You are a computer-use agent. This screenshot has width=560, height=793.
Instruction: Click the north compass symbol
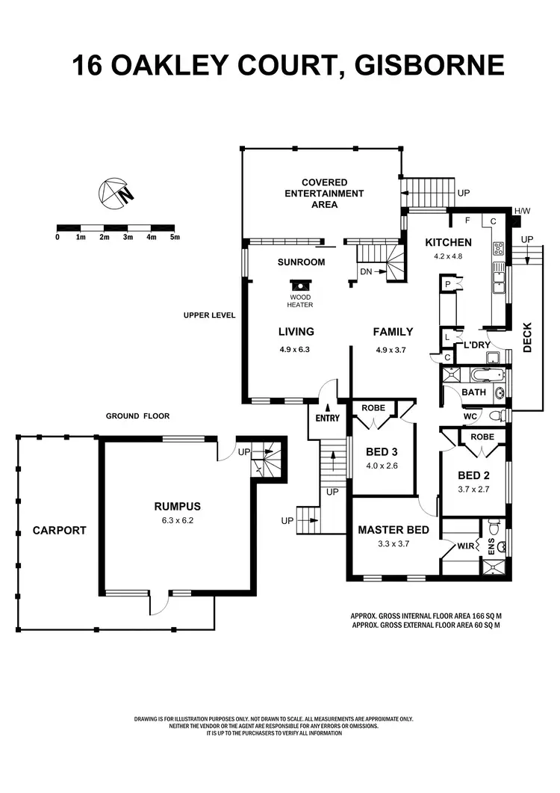(x=115, y=193)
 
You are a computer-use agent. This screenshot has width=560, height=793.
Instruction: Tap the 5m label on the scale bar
(x=175, y=237)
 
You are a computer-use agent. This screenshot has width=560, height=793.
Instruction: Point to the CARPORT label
(x=59, y=531)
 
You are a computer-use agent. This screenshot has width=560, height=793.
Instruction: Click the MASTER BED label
(x=393, y=530)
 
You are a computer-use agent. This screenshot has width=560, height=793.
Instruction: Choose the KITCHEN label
(x=448, y=242)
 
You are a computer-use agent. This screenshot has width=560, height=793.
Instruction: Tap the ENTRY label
(x=327, y=418)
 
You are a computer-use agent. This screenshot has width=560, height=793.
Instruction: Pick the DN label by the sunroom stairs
(x=366, y=271)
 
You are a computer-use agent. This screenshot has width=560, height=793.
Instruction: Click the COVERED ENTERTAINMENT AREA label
(x=325, y=193)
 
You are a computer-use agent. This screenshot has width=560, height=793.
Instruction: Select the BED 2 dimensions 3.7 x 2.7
(x=473, y=490)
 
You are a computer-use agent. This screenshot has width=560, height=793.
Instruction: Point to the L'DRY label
(x=477, y=345)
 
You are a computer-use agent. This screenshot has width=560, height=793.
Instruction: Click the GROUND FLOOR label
(x=137, y=416)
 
